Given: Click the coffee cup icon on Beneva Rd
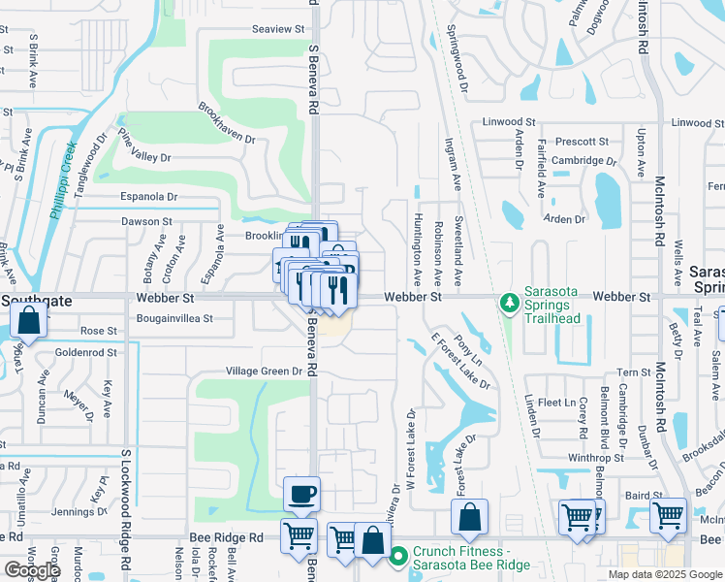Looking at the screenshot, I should pyautogui.click(x=301, y=495).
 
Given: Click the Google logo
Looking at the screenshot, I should pyautogui.click(x=31, y=570).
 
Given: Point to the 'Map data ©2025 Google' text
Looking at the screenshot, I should pyautogui.click(x=665, y=574).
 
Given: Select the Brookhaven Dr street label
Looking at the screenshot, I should pyautogui.click(x=227, y=123).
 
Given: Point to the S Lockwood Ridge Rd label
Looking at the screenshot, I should pyautogui.click(x=126, y=508).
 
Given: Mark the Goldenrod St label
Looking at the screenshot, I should pyautogui.click(x=86, y=353).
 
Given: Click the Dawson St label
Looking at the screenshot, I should pyautogui.click(x=146, y=221).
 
